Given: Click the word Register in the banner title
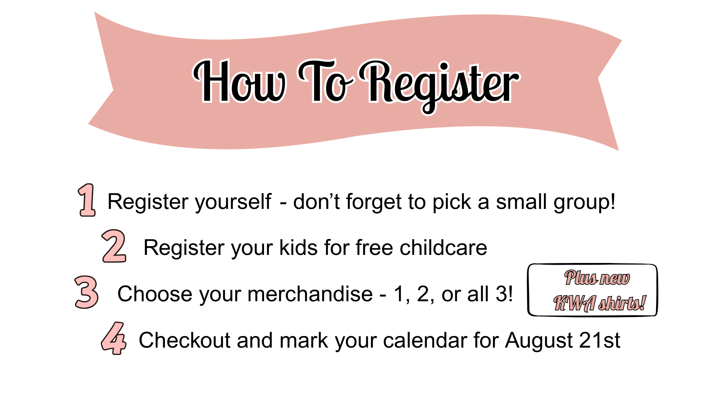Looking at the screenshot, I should [440, 84].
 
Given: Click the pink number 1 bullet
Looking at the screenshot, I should [87, 200].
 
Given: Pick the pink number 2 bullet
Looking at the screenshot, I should [114, 246].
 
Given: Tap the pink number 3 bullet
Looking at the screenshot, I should [86, 292].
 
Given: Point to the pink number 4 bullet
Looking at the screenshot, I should [114, 338].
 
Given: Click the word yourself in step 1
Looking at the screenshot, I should [233, 202].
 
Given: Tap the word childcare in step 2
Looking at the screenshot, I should [443, 248].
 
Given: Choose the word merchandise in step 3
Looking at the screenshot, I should [310, 294].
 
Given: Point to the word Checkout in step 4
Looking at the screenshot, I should [185, 340].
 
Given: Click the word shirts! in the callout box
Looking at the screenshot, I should [622, 303].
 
